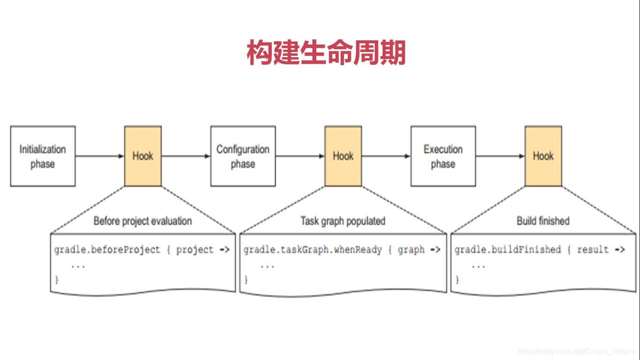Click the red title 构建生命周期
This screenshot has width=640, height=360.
point(326,53)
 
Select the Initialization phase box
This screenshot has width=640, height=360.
point(43,156)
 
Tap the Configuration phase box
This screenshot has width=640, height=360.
point(243,156)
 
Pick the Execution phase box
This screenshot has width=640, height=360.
point(443,156)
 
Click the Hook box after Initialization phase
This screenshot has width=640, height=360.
point(143,156)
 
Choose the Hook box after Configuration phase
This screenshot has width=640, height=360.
point(343,156)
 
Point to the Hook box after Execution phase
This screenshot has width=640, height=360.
point(543,156)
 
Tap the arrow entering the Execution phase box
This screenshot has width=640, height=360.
point(386,156)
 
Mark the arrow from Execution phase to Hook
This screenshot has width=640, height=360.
point(499,156)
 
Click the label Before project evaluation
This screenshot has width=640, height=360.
point(142,221)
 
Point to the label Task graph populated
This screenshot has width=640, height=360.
point(343,221)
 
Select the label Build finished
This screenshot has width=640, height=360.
point(543,221)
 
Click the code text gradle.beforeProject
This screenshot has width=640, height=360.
point(107,250)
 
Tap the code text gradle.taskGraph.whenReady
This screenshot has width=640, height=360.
point(313,250)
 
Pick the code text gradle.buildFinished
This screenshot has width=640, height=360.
point(507,250)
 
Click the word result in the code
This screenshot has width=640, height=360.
point(593,250)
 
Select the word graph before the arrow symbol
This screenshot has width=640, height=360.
point(411,250)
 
